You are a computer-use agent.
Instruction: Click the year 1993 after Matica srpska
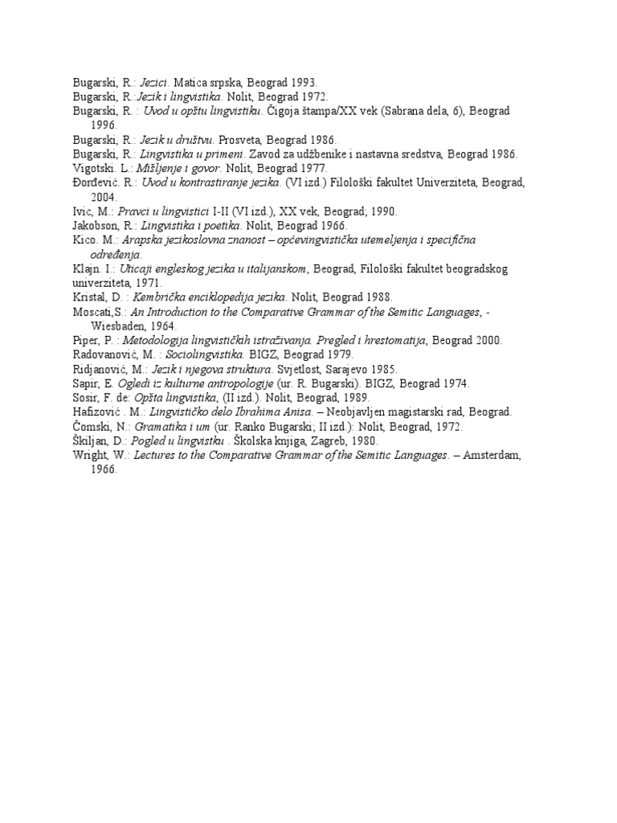[304, 81]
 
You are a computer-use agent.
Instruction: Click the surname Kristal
[89, 297]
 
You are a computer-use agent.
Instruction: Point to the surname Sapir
[86, 383]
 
